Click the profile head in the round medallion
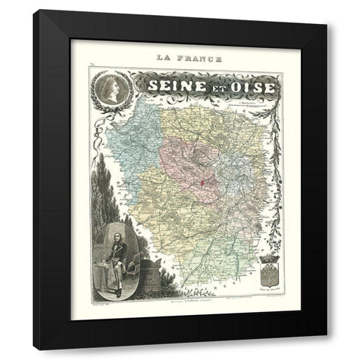[x=110, y=91]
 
